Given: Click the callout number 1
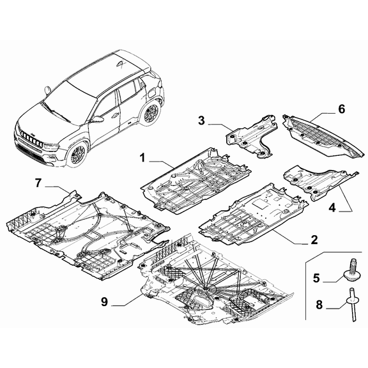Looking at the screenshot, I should (x=143, y=157).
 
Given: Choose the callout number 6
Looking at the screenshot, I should (x=341, y=110).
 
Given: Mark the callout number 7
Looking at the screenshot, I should (x=38, y=183).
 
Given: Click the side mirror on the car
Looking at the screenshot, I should (x=96, y=119).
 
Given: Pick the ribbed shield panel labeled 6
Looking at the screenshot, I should (x=320, y=135).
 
